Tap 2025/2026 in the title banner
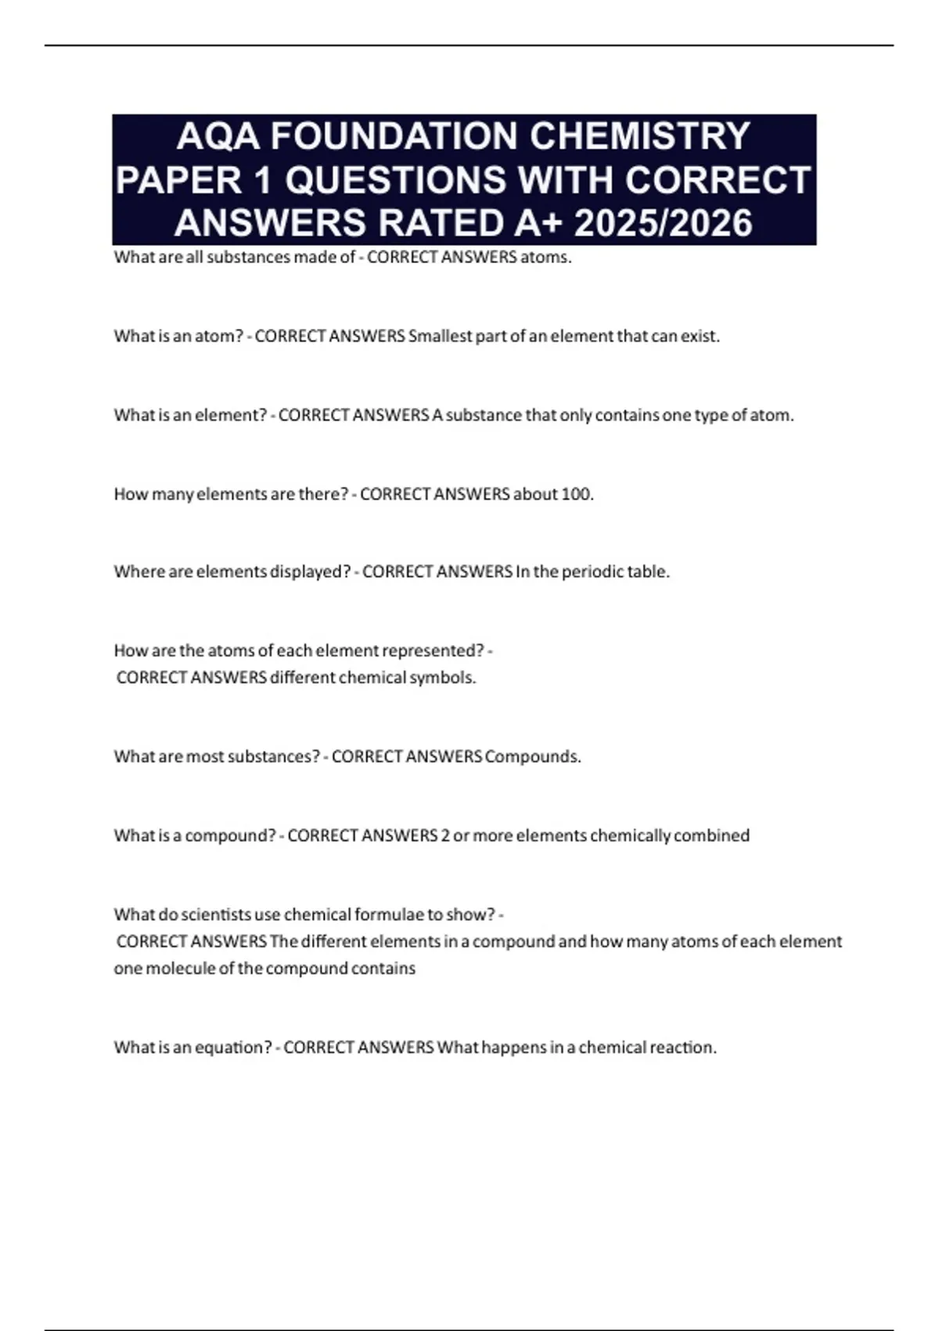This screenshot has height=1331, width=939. (663, 223)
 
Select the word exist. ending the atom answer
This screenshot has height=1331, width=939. (699, 337)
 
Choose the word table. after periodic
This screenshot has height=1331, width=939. (649, 572)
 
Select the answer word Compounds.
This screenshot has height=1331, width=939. (533, 757)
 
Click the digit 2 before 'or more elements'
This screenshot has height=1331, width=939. (445, 836)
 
